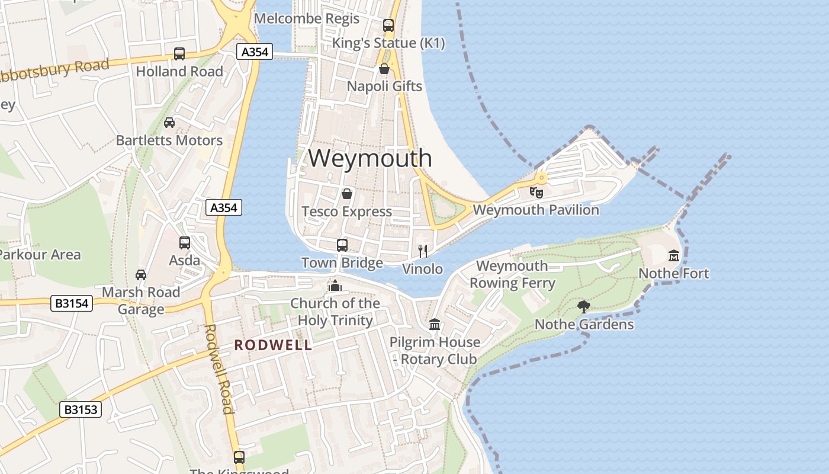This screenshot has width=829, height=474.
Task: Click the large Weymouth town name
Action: [370, 158]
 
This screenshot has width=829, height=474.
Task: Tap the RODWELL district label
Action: [273, 345]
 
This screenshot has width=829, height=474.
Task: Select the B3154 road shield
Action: [72, 304]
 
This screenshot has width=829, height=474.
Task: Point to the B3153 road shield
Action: [81, 409]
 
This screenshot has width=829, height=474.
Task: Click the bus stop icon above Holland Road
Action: [179, 54]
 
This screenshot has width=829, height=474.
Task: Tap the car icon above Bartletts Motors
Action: [169, 123]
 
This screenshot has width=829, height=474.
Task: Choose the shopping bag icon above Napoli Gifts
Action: [384, 69]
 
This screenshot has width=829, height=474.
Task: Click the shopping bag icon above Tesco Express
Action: [347, 194]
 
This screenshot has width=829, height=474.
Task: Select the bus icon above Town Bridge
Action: [342, 245]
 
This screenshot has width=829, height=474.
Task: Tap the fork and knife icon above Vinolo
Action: [422, 251]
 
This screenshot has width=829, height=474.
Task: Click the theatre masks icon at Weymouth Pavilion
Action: [536, 192]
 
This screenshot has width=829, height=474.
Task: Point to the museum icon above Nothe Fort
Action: [674, 255]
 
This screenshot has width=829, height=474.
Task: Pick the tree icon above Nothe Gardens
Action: [584, 306]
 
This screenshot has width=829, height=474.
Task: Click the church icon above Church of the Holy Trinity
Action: [335, 286]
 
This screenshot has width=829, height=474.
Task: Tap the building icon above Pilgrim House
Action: [435, 324]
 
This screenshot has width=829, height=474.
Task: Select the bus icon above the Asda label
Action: [185, 242]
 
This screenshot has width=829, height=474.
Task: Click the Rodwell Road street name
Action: [219, 369]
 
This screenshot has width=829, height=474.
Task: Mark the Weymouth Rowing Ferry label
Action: [512, 274]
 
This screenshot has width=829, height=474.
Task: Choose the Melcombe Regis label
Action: [307, 18]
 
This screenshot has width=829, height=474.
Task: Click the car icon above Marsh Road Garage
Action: [141, 274]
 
